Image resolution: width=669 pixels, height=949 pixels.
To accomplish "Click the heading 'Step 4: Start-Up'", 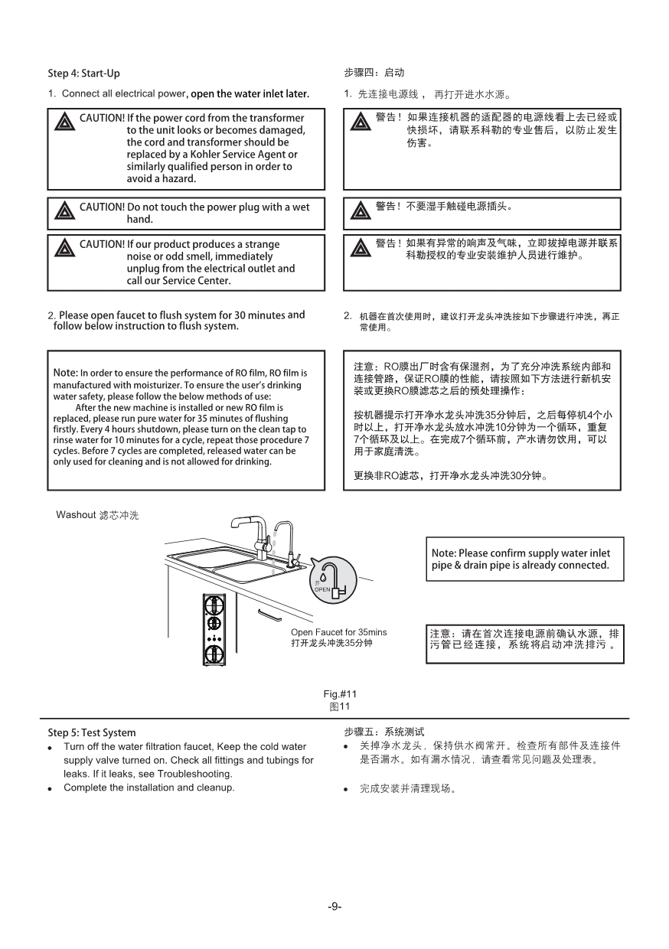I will (83, 73).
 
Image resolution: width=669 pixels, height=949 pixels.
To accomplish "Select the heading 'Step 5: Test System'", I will (91, 732).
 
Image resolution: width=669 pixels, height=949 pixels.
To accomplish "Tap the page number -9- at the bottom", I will (334, 906).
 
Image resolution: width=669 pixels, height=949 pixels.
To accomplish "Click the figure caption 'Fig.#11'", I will (341, 693).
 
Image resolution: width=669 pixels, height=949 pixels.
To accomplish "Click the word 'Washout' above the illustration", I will (75, 515).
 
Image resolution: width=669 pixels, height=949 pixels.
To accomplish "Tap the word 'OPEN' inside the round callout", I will (322, 590).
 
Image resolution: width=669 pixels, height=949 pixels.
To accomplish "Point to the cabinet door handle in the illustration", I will (269, 615).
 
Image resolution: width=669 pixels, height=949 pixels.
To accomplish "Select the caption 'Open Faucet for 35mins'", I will (338, 632).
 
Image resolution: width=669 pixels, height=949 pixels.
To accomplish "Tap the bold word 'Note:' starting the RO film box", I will (65, 373).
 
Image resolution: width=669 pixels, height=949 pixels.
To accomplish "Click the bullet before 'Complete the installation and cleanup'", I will (50, 789).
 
